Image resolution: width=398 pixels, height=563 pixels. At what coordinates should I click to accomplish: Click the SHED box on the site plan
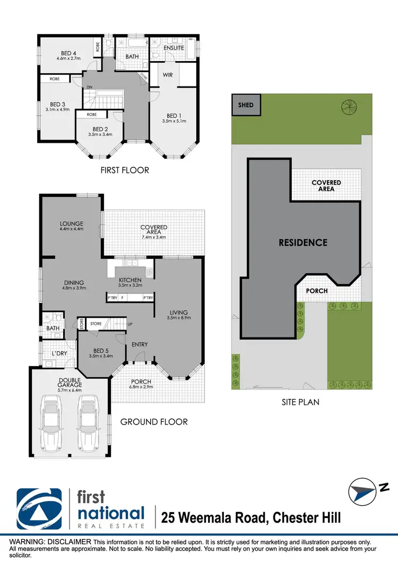click(x=246, y=105)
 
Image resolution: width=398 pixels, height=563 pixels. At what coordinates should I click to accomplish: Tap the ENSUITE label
click(x=174, y=48)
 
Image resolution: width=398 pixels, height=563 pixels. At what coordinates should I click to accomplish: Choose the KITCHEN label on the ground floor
click(x=130, y=280)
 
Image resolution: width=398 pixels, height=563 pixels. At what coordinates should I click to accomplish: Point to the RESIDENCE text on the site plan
click(x=304, y=242)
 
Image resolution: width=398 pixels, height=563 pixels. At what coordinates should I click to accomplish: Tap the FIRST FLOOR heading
click(x=125, y=170)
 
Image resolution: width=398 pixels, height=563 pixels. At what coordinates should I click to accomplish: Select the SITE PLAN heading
click(x=300, y=402)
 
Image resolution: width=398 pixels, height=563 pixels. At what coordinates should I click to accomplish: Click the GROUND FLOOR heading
click(x=154, y=422)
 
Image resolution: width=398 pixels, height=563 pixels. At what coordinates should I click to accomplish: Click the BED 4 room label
click(x=67, y=54)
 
